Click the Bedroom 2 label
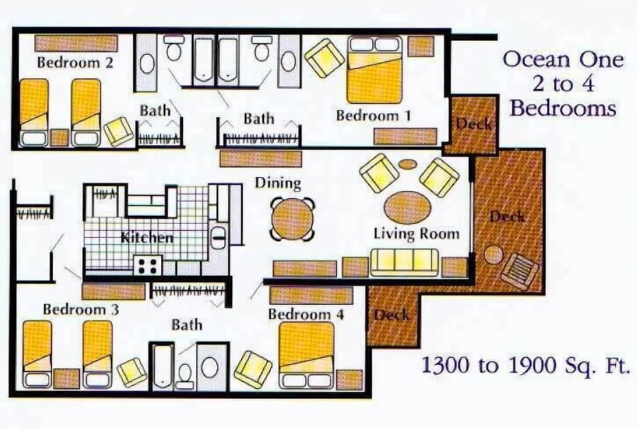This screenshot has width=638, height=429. click(x=74, y=63)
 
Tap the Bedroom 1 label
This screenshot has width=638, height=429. click(x=373, y=115)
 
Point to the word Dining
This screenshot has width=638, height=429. click(x=278, y=182)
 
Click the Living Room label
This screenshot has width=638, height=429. click(x=416, y=233)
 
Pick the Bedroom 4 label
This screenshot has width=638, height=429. click(x=306, y=313)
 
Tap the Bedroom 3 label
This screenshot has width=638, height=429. click(x=81, y=309)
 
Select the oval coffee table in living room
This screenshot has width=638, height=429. click(x=407, y=208)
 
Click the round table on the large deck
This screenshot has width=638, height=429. click(x=493, y=255)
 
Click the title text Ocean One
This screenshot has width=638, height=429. click(x=563, y=60)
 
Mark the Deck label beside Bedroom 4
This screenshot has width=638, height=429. click(x=392, y=316)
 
